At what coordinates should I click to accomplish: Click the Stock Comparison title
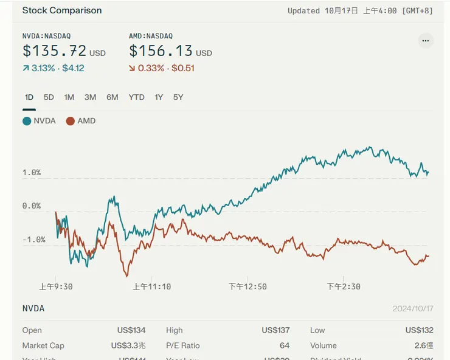62,10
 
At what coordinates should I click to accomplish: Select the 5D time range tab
49,97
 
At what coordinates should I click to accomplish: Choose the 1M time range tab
69,97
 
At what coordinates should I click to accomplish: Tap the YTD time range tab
136,97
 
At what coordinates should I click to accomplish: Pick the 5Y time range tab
178,97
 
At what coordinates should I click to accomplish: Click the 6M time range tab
112,97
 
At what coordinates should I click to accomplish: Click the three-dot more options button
426,41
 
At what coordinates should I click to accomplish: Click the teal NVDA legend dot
27,121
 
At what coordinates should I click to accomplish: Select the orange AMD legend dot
71,121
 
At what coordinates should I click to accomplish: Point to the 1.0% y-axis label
32,173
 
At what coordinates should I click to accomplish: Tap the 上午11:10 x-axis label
152,286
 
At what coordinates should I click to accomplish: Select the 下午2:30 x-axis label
344,286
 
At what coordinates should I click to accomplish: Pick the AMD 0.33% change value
151,68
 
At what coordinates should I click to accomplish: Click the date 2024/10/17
413,309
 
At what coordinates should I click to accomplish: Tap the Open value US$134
131,330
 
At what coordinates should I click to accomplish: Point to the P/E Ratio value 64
285,345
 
